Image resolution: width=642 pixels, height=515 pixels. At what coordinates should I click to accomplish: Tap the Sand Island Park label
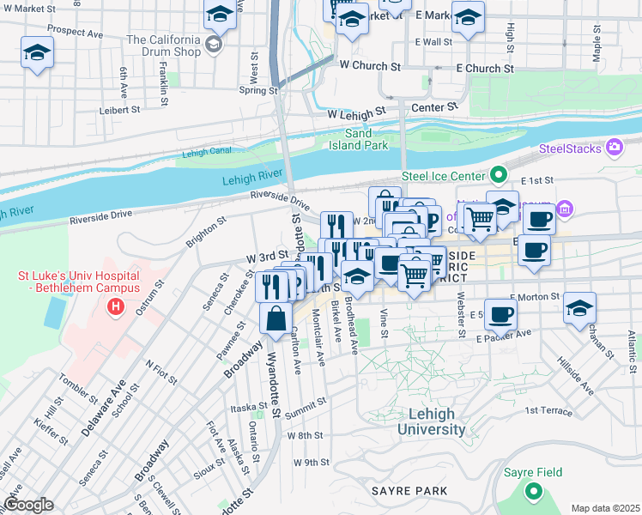coord(358,139)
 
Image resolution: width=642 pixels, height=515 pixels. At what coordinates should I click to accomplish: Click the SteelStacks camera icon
coord(614,148)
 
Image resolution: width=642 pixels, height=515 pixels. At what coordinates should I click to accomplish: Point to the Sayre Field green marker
coord(534,492)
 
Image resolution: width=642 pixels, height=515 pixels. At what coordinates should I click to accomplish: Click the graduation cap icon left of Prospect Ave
coord(37,53)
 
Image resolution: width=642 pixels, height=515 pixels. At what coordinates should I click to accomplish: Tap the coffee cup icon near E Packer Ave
coord(500,313)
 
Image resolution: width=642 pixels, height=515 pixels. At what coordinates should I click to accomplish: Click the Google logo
coord(28,504)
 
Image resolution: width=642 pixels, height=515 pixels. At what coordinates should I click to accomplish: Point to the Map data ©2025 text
coord(604,508)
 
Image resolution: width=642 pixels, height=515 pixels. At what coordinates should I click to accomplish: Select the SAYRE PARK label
coord(409,491)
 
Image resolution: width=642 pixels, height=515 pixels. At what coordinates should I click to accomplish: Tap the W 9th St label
coord(312,462)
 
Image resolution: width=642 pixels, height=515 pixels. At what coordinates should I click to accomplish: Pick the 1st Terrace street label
coord(548,411)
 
